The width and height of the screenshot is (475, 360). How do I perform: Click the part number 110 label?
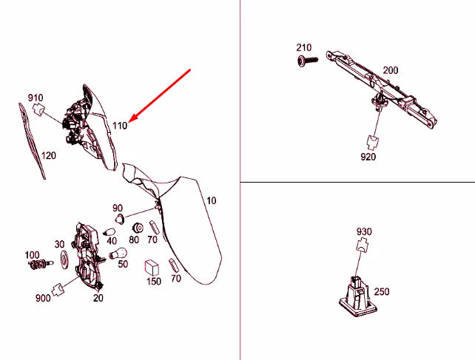(x=120, y=126)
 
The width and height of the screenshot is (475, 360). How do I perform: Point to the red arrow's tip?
(x=130, y=120)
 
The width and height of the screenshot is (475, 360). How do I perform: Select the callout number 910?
(x=36, y=98)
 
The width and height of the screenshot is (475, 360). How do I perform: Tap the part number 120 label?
(x=49, y=156)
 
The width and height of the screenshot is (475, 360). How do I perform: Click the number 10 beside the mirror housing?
(x=211, y=200)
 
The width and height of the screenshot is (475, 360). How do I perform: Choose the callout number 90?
(x=118, y=208)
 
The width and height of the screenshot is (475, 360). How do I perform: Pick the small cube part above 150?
(x=153, y=265)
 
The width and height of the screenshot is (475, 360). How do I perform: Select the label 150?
(x=153, y=281)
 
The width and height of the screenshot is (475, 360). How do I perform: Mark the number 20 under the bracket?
(x=98, y=299)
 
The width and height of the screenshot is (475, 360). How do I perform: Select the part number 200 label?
(x=390, y=70)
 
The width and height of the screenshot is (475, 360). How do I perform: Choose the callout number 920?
(x=368, y=157)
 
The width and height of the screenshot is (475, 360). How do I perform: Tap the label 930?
(x=363, y=232)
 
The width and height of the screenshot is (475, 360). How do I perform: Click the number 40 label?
(x=112, y=240)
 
